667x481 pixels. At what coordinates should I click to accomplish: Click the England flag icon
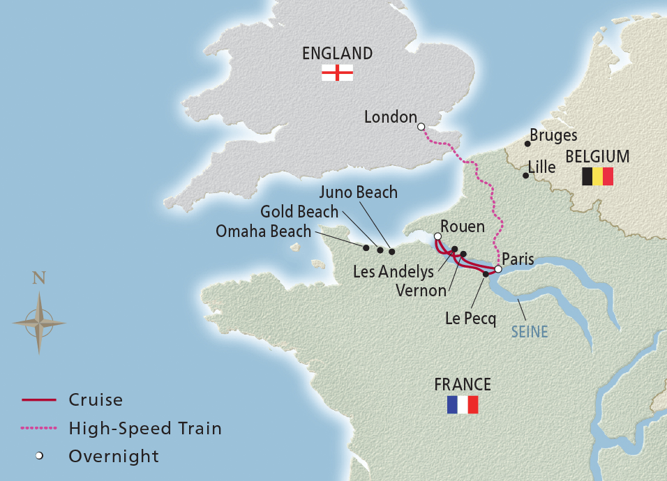[x=337, y=72]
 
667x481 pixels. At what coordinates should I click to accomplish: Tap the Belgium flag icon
[x=597, y=176]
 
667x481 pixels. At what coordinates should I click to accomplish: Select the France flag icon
[x=463, y=405]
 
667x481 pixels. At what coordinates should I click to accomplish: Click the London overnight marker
[x=421, y=127]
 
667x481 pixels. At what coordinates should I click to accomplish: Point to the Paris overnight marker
[x=498, y=269]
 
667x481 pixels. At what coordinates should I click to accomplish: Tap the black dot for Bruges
[x=526, y=144]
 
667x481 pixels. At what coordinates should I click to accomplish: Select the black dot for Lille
[x=525, y=176]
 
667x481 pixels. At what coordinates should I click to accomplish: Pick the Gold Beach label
[x=299, y=211]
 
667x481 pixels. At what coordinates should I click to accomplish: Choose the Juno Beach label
[x=360, y=192]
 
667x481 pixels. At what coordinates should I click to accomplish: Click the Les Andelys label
[x=393, y=272]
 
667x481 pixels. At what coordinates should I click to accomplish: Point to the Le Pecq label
[x=470, y=319]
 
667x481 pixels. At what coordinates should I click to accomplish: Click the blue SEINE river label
[x=530, y=332]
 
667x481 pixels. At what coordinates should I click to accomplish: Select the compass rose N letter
[x=39, y=278]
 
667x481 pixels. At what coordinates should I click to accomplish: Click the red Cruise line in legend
[x=40, y=400]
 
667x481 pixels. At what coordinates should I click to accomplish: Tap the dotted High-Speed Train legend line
[x=40, y=428]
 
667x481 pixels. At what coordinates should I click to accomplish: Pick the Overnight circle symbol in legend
[x=40, y=457]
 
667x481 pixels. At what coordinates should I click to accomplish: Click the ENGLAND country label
[x=337, y=54]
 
